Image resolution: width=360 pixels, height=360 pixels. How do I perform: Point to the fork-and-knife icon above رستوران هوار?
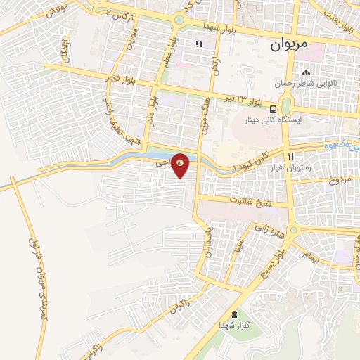290,155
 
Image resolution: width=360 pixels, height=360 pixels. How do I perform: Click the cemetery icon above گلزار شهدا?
234,314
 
